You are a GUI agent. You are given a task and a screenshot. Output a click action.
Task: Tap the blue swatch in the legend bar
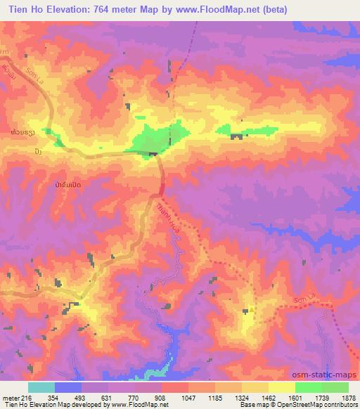[x=67, y=387]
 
